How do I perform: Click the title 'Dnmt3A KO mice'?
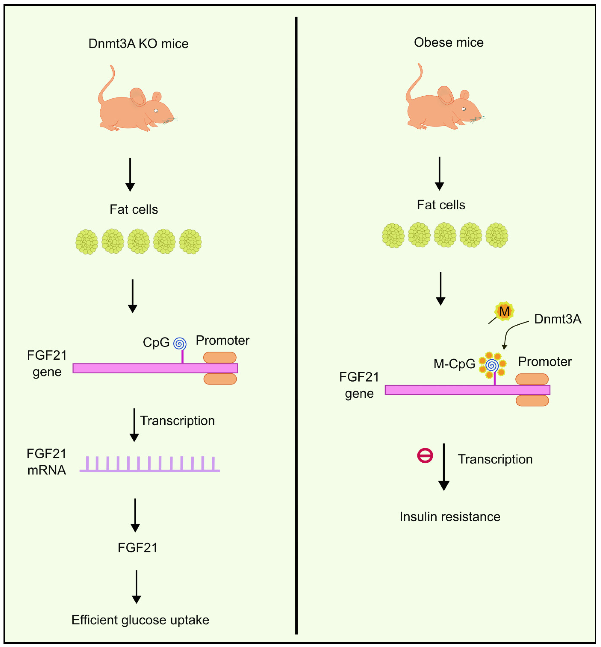pos(138,43)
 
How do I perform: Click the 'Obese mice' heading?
pos(449,42)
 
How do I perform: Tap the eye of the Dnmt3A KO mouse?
pos(156,111)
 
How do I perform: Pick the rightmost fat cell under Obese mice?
pos(497,235)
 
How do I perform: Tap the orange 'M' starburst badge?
pos(504,311)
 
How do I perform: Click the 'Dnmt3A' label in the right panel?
pos(557,319)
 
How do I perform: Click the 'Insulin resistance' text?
pos(450,517)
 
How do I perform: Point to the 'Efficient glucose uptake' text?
pos(140,620)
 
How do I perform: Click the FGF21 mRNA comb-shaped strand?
pos(150,465)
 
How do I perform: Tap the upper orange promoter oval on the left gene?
pos(220,357)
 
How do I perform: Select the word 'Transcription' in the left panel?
pos(177,421)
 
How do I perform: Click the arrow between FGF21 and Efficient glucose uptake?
pos(136,587)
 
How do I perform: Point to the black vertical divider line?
pos(296,325)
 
